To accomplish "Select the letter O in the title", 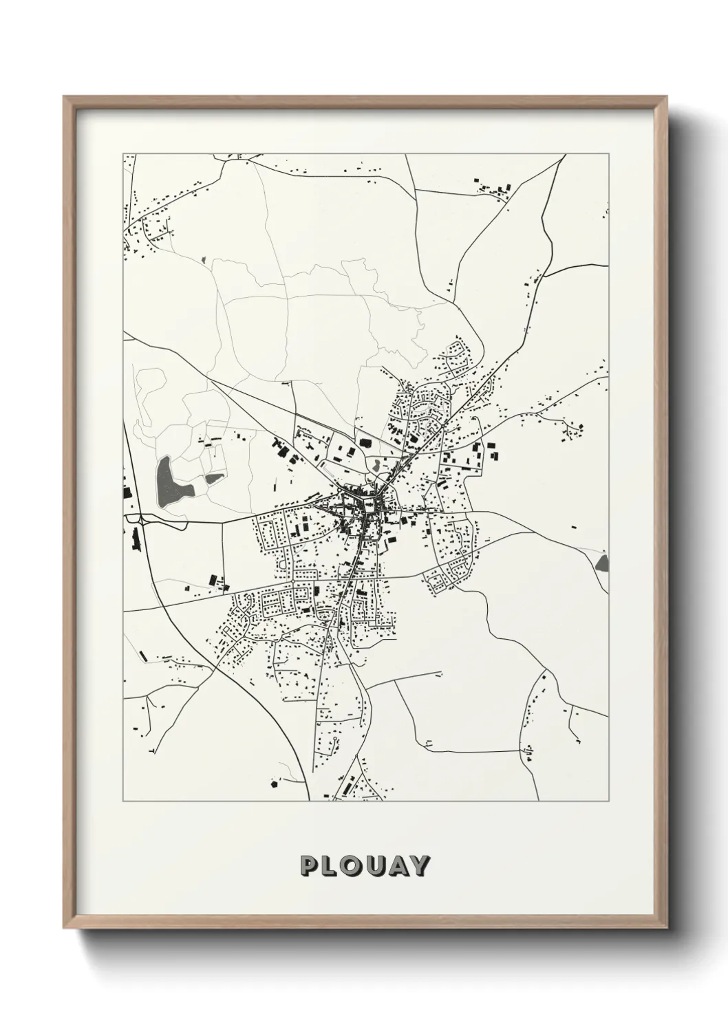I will [x=352, y=866].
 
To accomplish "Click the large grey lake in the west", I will [x=167, y=482].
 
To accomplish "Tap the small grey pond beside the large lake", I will [x=214, y=477].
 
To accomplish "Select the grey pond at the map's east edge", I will [x=603, y=564].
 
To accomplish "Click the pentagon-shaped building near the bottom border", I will [x=275, y=783].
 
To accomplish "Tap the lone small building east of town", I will [x=573, y=528].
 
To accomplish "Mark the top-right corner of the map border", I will [x=608, y=154].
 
